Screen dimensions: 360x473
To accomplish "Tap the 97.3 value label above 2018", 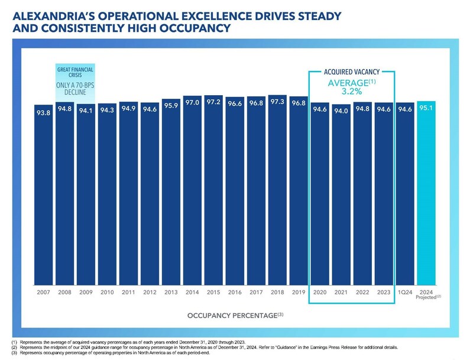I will point(277,102).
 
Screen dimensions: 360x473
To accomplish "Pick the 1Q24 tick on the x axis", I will point(404,291).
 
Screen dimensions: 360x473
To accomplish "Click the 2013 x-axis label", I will point(171,291).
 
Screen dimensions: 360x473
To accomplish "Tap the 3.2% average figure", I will point(351,92).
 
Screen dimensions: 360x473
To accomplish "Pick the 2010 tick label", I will point(107,291).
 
